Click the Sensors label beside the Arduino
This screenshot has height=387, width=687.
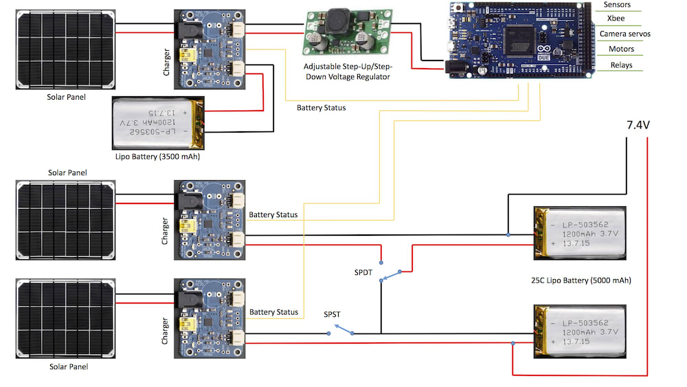(617, 5)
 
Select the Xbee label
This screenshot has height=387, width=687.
(616, 19)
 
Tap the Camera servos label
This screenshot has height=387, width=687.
(624, 34)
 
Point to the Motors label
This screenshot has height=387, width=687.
(621, 49)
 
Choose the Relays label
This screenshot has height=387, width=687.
(620, 65)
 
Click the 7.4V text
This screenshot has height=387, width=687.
(638, 125)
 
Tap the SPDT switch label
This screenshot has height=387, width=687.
(363, 273)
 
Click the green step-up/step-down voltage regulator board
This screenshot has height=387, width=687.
(348, 32)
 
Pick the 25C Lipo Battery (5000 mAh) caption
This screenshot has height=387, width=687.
(581, 280)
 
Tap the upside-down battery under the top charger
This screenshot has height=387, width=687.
(159, 122)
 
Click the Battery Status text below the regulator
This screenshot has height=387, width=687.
(322, 108)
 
